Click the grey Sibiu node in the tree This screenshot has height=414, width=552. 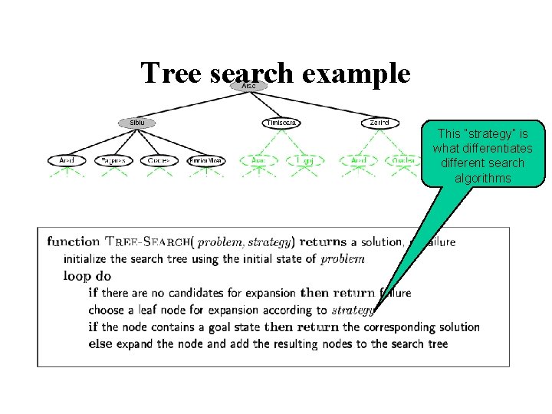tap(136, 123)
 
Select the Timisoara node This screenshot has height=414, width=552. tap(281, 123)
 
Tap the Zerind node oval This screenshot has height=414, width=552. tap(379, 123)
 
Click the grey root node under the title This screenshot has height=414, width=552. tap(249, 87)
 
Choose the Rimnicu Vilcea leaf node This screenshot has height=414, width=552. tap(206, 161)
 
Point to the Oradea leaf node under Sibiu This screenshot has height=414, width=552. tap(159, 161)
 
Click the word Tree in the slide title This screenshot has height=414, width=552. tap(169, 74)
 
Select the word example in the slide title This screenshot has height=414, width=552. tap(356, 74)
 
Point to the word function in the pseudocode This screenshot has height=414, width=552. tap(74, 242)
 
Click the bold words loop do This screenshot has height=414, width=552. tap(87, 276)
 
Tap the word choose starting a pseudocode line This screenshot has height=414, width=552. tap(106, 310)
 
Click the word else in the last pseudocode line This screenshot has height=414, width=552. tap(100, 343)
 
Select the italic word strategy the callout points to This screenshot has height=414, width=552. tap(353, 310)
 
